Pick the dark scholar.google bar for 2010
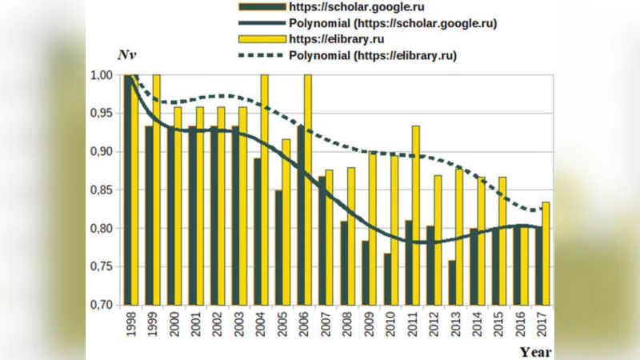click(x=388, y=279)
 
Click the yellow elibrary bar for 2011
click(x=416, y=215)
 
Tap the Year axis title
click(x=534, y=351)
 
